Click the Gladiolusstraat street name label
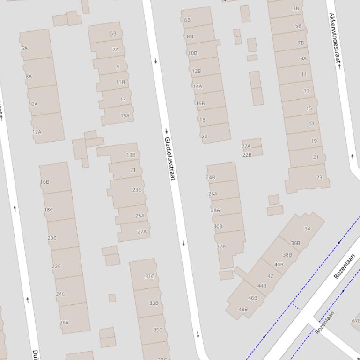pyautogui.click(x=169, y=159)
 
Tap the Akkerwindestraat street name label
pyautogui.click(x=334, y=38)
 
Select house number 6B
pyautogui.click(x=187, y=20)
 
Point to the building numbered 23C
pyautogui.click(x=137, y=190)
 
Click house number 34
pyautogui.click(x=307, y=229)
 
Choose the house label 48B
pyautogui.click(x=243, y=309)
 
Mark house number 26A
pyautogui.click(x=213, y=194)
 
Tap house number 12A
pyautogui.click(x=37, y=132)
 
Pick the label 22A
pyautogui.click(x=246, y=146)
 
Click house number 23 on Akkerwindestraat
pyautogui.click(x=319, y=177)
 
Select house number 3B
pyautogui.click(x=295, y=8)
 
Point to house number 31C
pyautogui.click(x=149, y=276)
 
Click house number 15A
pyautogui.click(x=125, y=116)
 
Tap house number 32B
pyautogui.click(x=221, y=246)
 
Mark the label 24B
pyautogui.click(x=210, y=177)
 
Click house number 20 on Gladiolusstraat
pyautogui.click(x=204, y=137)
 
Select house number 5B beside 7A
pyautogui.click(x=113, y=34)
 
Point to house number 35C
pyautogui.click(x=158, y=330)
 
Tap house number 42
pyautogui.click(x=270, y=276)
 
